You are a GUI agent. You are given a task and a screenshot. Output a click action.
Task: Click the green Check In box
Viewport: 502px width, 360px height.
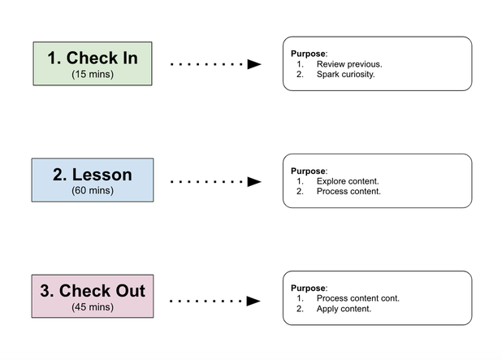pos(93,63)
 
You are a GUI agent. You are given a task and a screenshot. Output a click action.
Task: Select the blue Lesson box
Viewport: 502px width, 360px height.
pos(93,180)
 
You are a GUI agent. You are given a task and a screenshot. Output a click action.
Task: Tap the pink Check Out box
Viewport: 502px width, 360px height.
pos(93,297)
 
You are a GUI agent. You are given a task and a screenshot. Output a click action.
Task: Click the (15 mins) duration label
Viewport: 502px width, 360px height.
pos(93,74)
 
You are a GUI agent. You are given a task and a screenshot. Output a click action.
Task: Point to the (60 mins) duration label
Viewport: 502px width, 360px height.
pos(93,191)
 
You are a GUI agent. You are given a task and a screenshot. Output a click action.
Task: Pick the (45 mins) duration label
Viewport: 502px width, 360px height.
pos(93,307)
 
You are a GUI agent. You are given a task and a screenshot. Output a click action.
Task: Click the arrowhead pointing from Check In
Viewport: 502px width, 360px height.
pos(254,64)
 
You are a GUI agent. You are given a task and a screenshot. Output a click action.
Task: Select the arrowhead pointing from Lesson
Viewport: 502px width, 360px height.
pos(254,181)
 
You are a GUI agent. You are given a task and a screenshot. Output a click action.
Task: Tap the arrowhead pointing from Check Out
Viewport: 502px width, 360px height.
pos(253,301)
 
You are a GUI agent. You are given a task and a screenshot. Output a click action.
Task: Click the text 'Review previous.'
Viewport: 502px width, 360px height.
pos(349,64)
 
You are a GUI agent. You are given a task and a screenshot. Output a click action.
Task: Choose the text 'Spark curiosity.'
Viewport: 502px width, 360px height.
pos(345,74)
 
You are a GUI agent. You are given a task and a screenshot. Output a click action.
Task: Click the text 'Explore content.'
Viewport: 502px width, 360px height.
pos(348,181)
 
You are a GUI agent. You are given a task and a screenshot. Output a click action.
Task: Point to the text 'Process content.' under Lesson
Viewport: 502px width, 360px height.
pos(348,192)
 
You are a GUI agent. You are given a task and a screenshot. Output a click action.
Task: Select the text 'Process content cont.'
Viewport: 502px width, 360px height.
pos(358,298)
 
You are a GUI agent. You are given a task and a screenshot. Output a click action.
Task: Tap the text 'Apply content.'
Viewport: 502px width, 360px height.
pos(344,309)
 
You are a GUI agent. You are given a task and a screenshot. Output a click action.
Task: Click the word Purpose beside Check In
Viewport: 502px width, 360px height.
pos(308,54)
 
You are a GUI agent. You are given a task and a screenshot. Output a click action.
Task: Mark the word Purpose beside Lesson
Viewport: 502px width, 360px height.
pos(308,171)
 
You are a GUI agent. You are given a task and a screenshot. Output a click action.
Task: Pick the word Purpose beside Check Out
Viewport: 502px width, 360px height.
pos(308,288)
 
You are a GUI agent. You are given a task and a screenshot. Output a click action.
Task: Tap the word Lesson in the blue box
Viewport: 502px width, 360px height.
pos(102,175)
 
